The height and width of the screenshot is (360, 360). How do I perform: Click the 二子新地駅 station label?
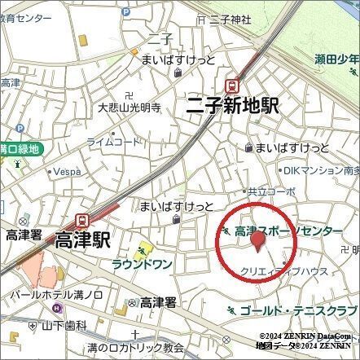(232, 105)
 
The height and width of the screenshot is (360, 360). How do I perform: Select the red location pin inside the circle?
(257, 242)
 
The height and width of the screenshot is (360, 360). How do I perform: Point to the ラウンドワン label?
(142, 264)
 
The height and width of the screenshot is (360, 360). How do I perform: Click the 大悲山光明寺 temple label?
(129, 107)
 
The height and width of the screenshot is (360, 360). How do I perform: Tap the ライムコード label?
(114, 142)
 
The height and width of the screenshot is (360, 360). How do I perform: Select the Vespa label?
(68, 172)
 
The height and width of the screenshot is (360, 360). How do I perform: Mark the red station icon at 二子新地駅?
(234, 84)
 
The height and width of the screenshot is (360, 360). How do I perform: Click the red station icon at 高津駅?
(82, 219)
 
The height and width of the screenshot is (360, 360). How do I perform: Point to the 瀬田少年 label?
(337, 59)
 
